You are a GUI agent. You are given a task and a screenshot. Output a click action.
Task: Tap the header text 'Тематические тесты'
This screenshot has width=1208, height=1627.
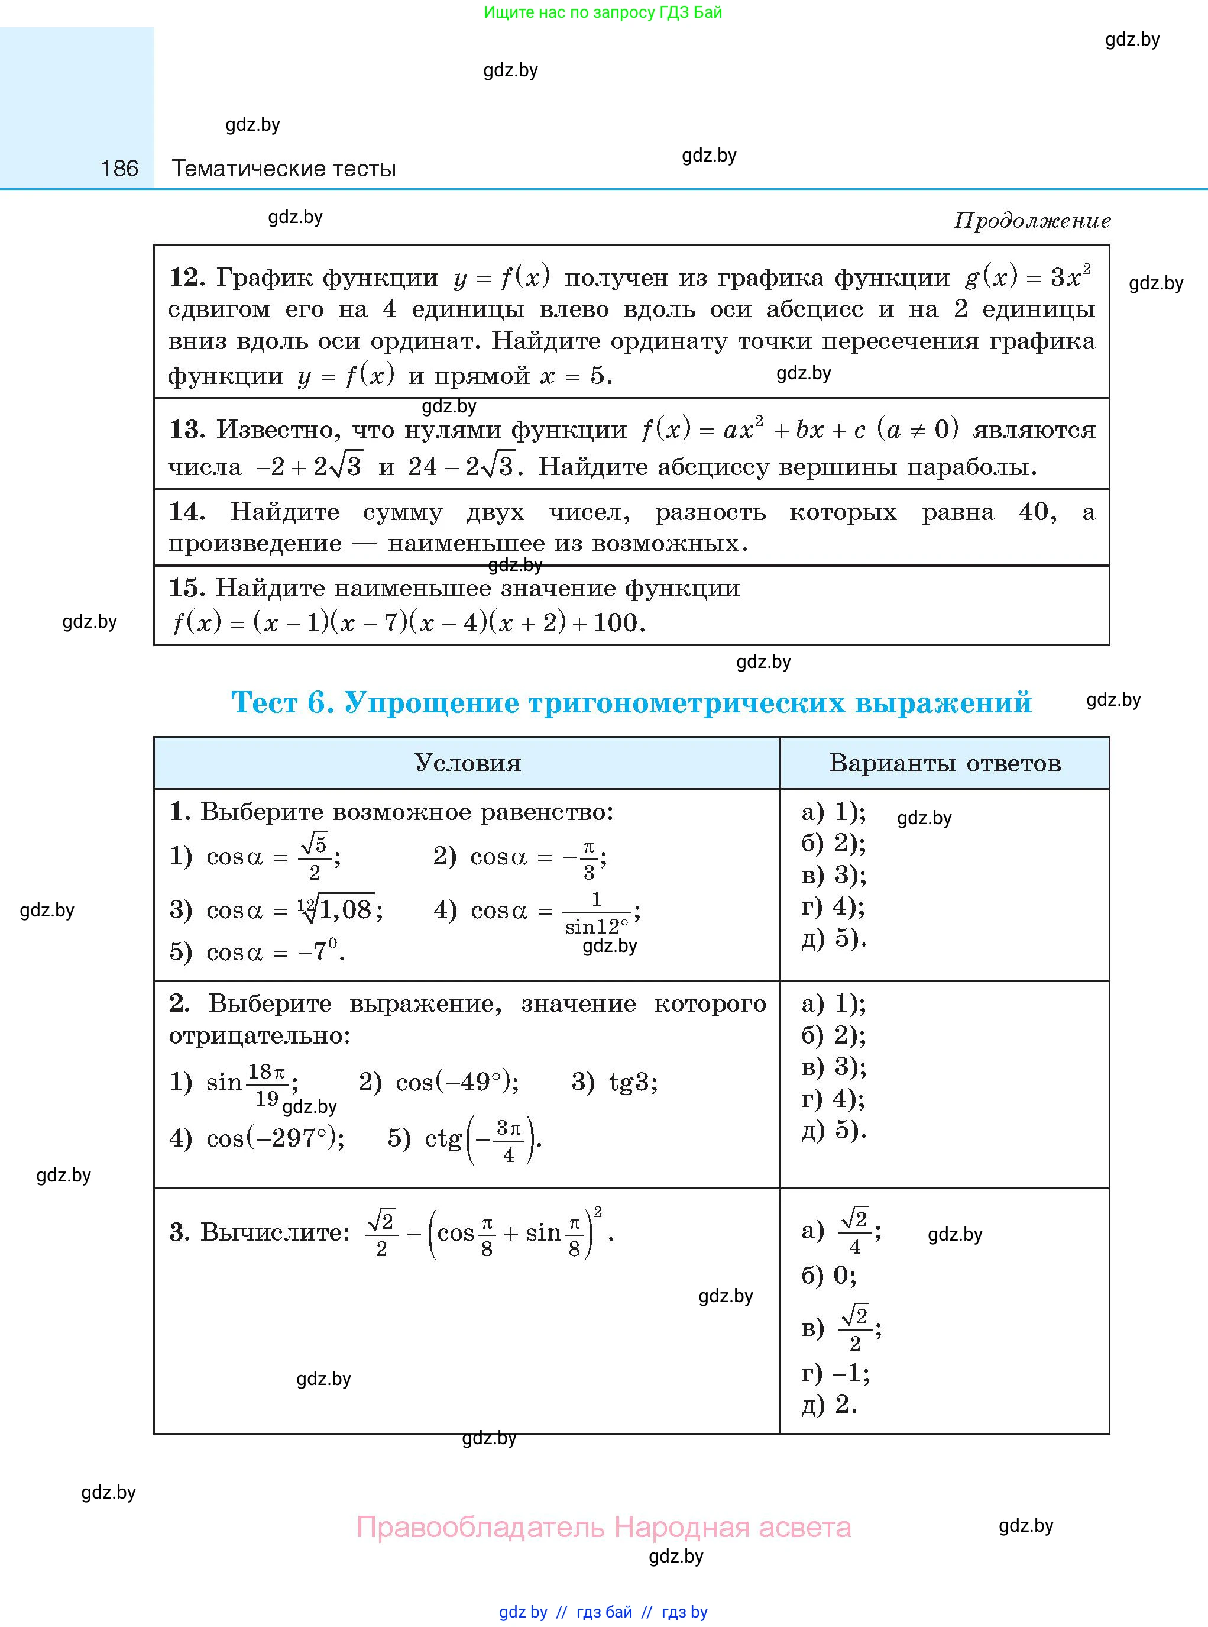[x=284, y=169]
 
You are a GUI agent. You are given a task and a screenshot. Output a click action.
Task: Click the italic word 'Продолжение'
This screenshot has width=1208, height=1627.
[x=1032, y=220]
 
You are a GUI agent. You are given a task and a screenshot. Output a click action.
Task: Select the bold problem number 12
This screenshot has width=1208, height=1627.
[x=186, y=277]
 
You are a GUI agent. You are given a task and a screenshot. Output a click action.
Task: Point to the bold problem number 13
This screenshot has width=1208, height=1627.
[x=186, y=430]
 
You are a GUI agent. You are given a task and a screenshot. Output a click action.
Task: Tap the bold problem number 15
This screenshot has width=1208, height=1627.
[x=186, y=587]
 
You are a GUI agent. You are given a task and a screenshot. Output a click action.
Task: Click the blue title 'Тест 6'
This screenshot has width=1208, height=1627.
[x=282, y=702]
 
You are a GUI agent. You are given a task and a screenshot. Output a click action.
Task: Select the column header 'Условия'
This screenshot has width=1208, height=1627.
[x=467, y=763]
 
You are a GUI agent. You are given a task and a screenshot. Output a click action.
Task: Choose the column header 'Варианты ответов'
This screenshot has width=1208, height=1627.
[x=944, y=763]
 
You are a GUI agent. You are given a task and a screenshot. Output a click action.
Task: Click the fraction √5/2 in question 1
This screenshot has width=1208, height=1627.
[x=315, y=856]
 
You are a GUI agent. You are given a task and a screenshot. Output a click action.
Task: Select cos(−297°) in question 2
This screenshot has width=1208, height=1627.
[x=275, y=1138]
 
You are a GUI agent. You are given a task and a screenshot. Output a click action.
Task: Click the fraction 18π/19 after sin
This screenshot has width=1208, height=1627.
[x=266, y=1083]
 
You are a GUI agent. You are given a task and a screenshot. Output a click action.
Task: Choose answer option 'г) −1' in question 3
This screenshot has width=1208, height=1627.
[x=835, y=1373]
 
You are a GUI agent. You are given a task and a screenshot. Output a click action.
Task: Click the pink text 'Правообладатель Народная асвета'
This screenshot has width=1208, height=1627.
[x=603, y=1528]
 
